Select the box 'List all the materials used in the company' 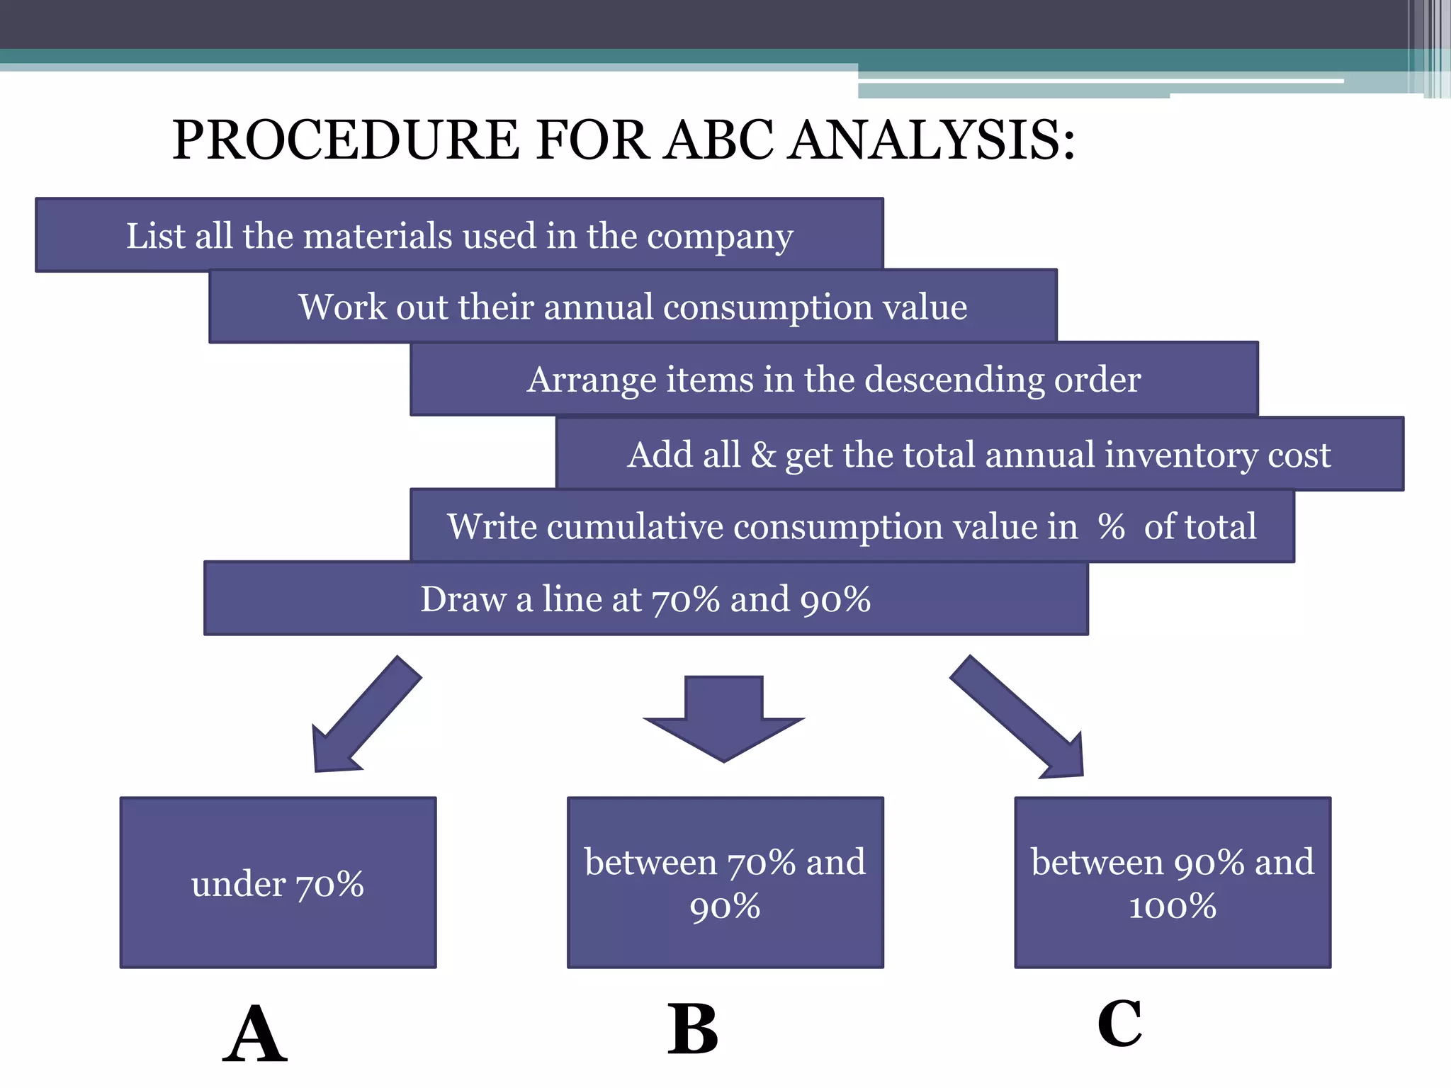pos(459,235)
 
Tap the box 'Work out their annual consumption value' pos(633,307)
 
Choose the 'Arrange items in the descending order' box pos(834,379)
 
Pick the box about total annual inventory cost pos(979,454)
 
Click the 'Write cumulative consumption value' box pos(852,526)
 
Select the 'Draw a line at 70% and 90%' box pos(645,599)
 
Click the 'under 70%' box pos(278,883)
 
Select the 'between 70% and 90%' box pos(725,883)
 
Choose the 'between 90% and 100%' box pos(1173,883)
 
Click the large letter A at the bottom pos(255,1034)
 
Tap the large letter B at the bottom pos(693,1031)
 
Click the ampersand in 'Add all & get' pos(763,454)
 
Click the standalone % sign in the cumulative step pos(1111,527)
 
